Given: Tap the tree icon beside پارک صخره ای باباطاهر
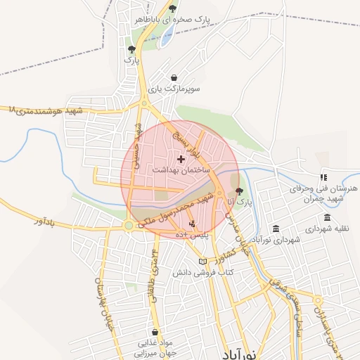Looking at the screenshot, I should (x=173, y=9).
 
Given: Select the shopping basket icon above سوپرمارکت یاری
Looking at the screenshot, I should (x=174, y=78).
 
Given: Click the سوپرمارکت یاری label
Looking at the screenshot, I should (x=174, y=89).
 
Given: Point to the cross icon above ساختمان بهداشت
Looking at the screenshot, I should (x=181, y=160).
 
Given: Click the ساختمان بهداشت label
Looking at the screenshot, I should (x=181, y=171).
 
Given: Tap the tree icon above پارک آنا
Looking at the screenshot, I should (x=239, y=191).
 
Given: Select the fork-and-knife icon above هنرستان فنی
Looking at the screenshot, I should (x=323, y=178).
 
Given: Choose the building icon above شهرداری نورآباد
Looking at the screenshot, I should (x=275, y=229).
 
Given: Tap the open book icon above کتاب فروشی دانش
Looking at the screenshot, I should (x=202, y=262).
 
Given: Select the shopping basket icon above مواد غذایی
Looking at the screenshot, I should (x=155, y=332).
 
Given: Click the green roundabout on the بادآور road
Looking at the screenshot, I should (x=129, y=226).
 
